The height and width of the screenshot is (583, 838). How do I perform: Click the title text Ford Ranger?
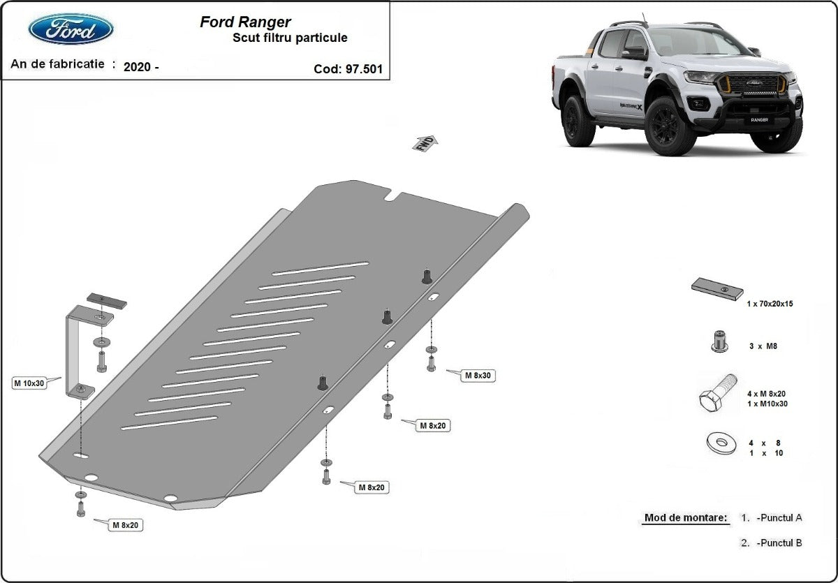245,22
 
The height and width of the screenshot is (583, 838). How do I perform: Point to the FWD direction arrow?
425,143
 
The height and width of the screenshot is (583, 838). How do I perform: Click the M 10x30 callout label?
29,383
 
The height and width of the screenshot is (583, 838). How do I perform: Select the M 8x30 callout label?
478,376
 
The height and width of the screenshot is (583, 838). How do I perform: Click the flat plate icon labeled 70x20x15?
717,288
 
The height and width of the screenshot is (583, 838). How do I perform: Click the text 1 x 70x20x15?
770,304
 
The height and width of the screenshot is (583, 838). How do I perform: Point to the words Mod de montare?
685,518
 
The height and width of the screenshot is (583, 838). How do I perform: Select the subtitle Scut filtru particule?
290,38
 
